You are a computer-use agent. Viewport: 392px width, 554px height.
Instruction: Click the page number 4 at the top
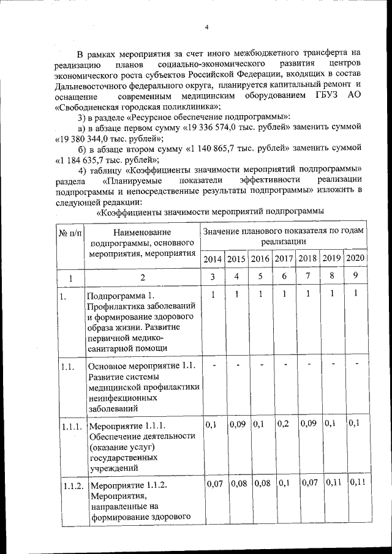click(x=207, y=26)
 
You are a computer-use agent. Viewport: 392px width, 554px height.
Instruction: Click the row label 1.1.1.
click(x=71, y=426)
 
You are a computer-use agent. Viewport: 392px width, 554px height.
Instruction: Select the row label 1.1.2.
click(x=71, y=486)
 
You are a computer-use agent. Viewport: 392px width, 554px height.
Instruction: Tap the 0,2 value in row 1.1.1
click(x=283, y=422)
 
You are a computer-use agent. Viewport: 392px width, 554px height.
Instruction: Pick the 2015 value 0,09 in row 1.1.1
click(x=236, y=422)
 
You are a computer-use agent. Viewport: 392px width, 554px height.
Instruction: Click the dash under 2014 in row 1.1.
click(x=213, y=365)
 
